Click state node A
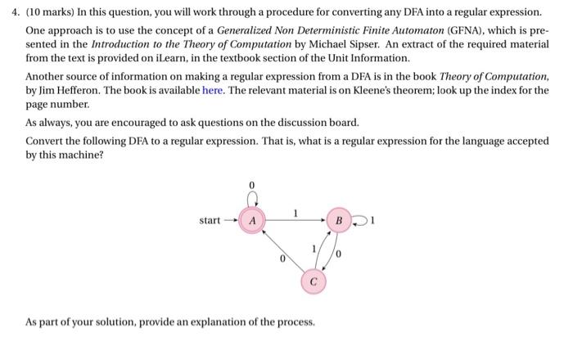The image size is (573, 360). [253, 221]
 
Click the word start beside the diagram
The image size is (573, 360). [210, 221]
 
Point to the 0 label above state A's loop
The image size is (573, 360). [252, 185]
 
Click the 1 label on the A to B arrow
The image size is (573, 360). [296, 214]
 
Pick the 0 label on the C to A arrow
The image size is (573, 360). [281, 263]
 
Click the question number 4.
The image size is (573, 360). [30, 14]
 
